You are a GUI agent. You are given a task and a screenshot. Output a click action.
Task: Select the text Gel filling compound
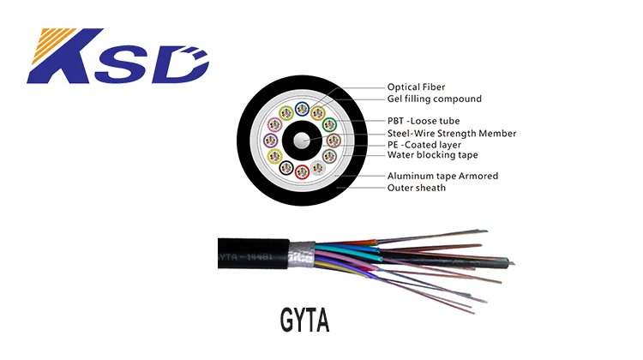pos(422,99)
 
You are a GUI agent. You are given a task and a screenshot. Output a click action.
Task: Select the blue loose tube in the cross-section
pos(301,110)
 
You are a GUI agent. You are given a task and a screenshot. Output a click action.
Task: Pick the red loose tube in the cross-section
pos(302,171)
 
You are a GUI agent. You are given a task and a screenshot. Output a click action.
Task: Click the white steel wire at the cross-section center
pos(303,141)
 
